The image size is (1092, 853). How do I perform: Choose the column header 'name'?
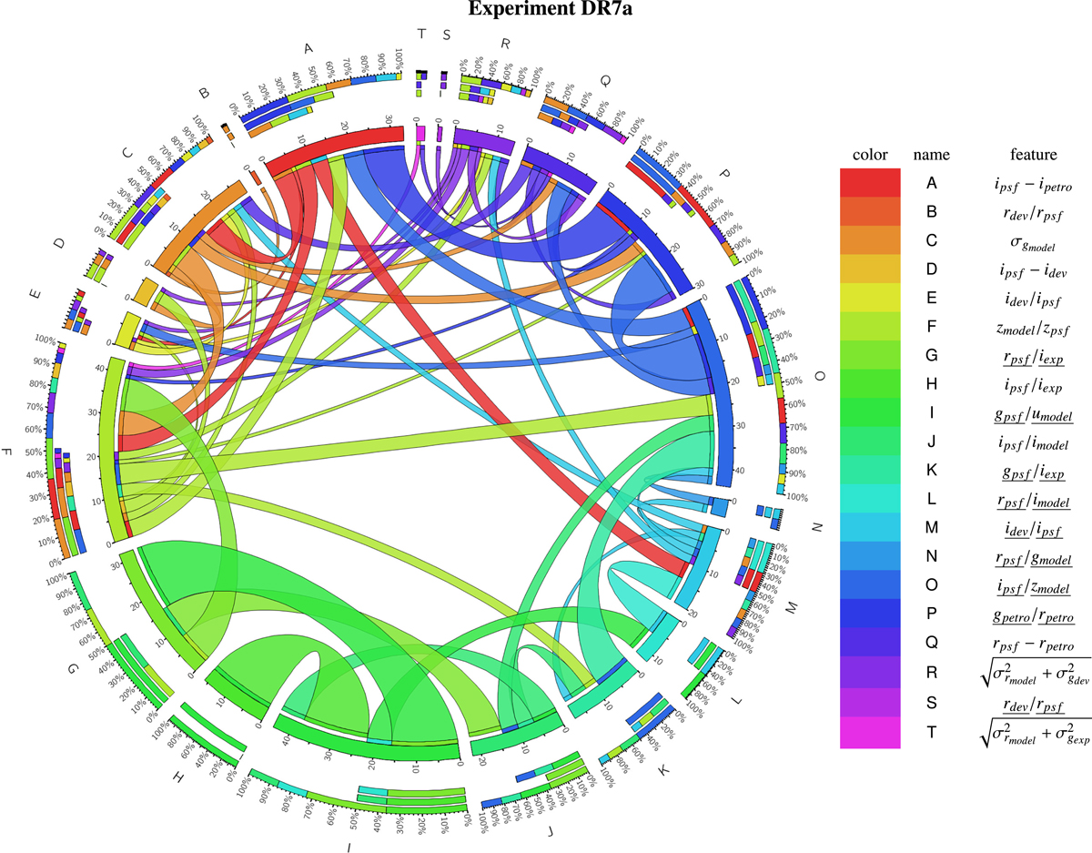pyautogui.click(x=932, y=154)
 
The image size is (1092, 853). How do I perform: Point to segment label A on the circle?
pyautogui.click(x=308, y=48)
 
